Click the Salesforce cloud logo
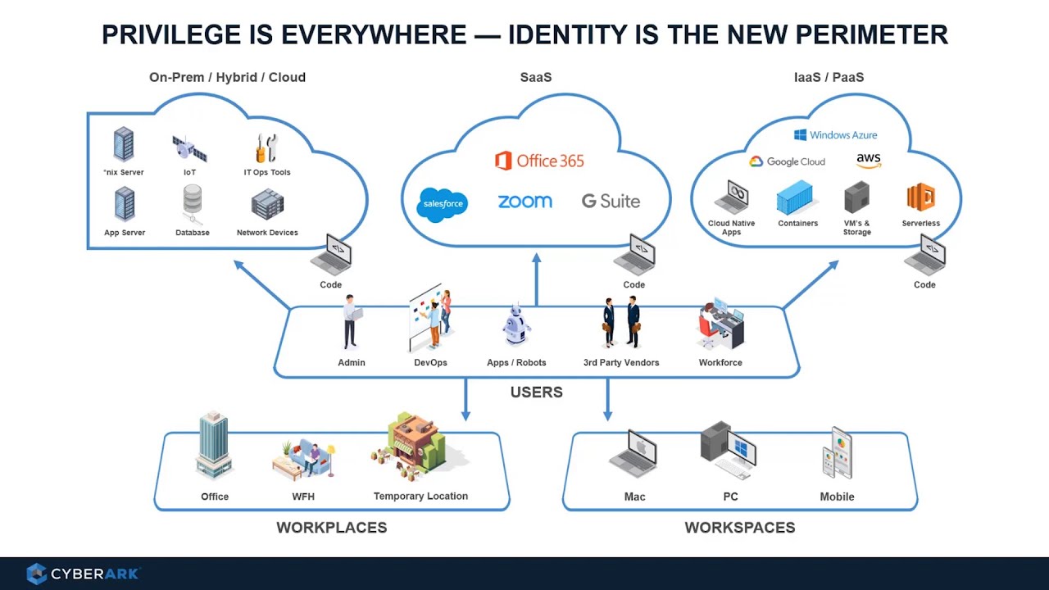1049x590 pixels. point(442,204)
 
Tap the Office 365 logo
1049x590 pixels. point(539,161)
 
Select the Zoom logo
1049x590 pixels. point(524,202)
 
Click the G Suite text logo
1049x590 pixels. point(611,201)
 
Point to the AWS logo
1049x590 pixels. point(869,161)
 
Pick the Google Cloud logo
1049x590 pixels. point(787,161)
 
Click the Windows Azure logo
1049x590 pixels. point(835,134)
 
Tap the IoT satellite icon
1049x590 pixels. point(189,149)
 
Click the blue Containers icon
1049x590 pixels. point(796,198)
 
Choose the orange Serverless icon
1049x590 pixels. point(920,198)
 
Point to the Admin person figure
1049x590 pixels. point(352,322)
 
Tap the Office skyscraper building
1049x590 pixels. point(213,447)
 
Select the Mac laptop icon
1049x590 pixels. point(633,454)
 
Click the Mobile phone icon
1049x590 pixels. point(838,453)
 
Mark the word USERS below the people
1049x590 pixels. point(536,393)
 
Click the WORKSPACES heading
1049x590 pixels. point(739,528)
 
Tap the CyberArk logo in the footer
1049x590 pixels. point(83,574)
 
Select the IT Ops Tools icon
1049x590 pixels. point(266,148)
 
